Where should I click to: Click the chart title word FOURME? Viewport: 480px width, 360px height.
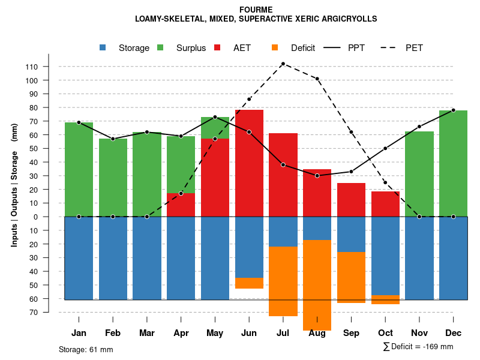coord(256,10)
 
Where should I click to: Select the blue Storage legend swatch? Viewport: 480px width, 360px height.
coord(103,47)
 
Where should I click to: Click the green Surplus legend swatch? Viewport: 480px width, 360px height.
coord(160,47)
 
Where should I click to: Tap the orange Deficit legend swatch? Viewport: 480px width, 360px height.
coord(275,47)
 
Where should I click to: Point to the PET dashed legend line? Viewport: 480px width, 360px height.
coord(391,47)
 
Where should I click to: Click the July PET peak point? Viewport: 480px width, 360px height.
coord(283,64)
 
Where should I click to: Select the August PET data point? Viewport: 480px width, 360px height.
coord(317,79)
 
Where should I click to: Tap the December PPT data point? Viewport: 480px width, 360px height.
coord(453,110)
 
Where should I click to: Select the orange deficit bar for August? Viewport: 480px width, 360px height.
coord(317,285)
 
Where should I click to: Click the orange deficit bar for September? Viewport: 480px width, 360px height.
coord(351,277)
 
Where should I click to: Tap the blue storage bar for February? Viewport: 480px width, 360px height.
coord(113,258)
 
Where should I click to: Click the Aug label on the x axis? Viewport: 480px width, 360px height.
coord(317,333)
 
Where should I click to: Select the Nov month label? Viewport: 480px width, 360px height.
coord(419,333)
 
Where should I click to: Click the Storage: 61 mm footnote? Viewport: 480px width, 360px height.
coord(86,349)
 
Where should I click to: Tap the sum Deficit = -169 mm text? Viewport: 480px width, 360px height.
coord(418,347)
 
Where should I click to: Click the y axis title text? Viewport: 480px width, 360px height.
coord(14,184)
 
